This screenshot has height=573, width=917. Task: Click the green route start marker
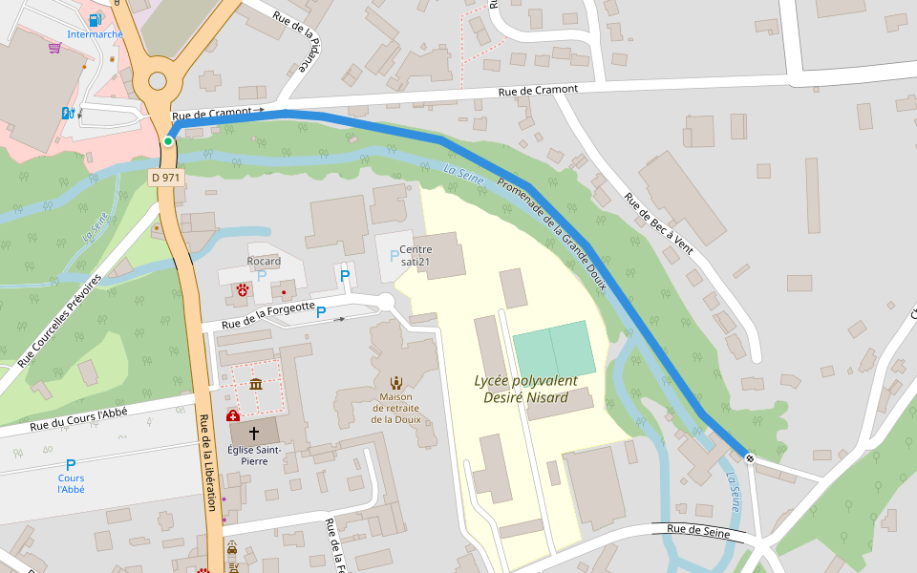pos(168,141)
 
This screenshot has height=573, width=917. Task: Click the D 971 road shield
pos(164,178)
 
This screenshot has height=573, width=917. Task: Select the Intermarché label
pos(95,34)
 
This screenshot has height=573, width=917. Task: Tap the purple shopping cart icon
pos(54,47)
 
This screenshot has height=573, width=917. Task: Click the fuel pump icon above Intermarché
pos(95,19)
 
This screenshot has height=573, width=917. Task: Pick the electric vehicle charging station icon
pos(67,113)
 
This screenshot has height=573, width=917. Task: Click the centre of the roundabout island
pos(157,81)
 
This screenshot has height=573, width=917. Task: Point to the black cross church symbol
pos(254,433)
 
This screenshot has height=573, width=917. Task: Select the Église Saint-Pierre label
pos(254,455)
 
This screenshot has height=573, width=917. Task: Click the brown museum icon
pos(256,384)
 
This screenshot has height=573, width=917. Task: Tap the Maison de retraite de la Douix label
pos(395,408)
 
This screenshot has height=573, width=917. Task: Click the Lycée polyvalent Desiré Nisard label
pos(525,389)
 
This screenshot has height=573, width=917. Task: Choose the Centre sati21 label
pos(416,255)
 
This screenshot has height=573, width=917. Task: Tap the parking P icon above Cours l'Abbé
pos(71,464)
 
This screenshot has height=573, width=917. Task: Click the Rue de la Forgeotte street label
pos(268,315)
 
